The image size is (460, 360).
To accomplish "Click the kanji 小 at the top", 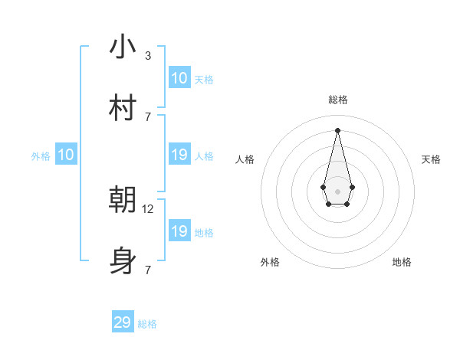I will (123, 47).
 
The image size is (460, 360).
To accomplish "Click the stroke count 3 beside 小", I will (148, 56).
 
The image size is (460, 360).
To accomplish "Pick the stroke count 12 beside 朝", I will (149, 208).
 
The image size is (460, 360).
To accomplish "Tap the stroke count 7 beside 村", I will (148, 116).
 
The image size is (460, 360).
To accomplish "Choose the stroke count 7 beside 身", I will (148, 270).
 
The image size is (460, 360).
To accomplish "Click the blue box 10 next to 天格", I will (179, 78).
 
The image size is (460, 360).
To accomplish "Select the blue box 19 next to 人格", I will (179, 155).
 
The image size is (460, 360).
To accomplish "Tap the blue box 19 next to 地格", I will (179, 231).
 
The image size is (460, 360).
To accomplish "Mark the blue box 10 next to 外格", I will (66, 155).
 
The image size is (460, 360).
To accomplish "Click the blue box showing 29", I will (123, 322).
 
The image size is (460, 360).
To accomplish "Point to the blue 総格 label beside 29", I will (147, 324).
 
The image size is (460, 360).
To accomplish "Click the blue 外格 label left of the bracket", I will (41, 156).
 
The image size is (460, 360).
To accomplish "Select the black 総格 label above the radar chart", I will (338, 100).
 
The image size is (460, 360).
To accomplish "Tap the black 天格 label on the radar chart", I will (431, 159).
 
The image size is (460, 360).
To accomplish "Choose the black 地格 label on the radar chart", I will (402, 262).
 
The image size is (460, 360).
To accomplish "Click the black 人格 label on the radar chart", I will (245, 159).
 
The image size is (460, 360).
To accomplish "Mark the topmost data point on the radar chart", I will (337, 129).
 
